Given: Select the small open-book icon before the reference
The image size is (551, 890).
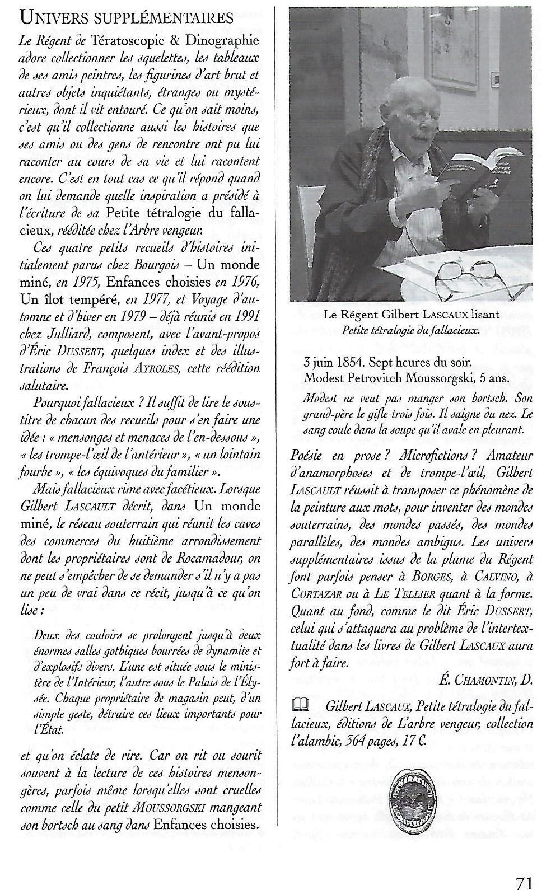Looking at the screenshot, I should click(299, 706).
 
